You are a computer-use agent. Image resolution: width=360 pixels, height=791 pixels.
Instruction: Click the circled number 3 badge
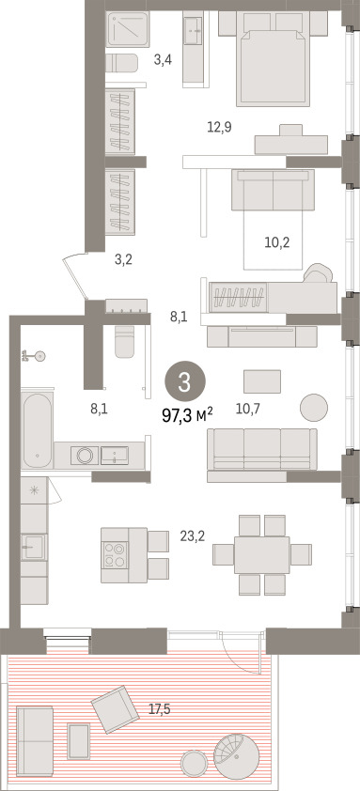(185, 382)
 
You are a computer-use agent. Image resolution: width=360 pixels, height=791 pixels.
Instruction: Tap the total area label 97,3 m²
(187, 415)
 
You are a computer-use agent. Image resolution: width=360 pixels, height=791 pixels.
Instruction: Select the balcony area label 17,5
(160, 709)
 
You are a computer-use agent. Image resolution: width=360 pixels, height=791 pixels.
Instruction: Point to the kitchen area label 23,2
(193, 536)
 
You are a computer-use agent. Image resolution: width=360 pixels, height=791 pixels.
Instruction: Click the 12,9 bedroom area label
(219, 127)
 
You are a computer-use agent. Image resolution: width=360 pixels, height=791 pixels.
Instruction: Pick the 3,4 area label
(164, 61)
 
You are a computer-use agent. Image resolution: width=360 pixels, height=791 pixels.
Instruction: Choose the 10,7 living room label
(248, 409)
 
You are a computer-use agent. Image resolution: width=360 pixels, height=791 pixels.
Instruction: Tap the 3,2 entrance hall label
(124, 261)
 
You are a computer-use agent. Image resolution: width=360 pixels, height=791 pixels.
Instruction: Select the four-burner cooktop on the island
(115, 554)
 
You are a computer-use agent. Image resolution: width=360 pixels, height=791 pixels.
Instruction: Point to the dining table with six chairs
(262, 554)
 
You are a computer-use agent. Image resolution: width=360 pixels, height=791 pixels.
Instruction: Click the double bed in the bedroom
(274, 58)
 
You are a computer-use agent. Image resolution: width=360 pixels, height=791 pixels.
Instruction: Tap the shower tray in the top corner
(128, 29)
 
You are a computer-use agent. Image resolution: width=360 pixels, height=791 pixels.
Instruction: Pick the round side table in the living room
(314, 407)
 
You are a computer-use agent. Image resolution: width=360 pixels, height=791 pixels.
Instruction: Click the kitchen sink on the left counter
(34, 547)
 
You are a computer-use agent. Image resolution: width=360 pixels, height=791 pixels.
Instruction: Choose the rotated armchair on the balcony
(115, 709)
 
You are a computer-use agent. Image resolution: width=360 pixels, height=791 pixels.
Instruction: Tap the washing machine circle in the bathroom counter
(85, 455)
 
